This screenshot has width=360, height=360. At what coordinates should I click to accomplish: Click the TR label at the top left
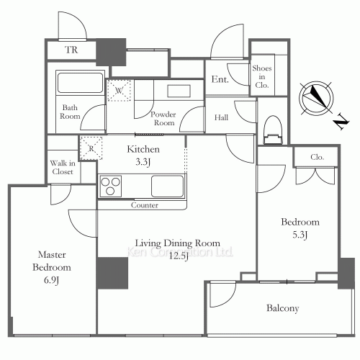[71, 50]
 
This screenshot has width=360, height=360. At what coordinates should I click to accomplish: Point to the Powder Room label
[163, 118]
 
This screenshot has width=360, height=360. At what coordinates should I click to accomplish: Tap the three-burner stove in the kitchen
[112, 186]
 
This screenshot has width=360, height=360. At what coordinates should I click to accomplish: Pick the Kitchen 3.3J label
[143, 155]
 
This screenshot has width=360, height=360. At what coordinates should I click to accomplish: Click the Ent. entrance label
[220, 79]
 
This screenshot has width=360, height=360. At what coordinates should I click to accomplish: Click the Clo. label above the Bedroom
[317, 157]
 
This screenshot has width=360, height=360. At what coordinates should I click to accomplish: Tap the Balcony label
[282, 308]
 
